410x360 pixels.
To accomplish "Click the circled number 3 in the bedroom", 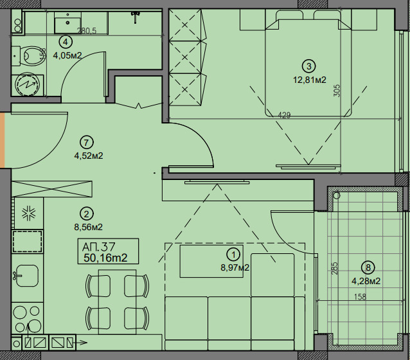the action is click(x=309, y=66).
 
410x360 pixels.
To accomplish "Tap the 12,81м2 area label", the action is click(x=310, y=80).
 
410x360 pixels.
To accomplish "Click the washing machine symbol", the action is click(x=28, y=84).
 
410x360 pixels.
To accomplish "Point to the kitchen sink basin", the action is click(x=27, y=276).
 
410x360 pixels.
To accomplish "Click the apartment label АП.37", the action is click(x=98, y=247).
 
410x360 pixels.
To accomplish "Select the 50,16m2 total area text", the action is click(x=105, y=258).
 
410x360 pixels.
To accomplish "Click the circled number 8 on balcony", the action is click(x=368, y=267).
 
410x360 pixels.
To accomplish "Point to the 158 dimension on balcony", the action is click(x=360, y=297).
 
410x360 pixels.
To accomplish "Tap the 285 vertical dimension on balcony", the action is click(x=335, y=268).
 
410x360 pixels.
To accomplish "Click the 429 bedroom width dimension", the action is click(x=284, y=115).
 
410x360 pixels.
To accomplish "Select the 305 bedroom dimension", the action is click(x=337, y=91).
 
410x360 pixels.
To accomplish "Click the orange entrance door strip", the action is click(x=3, y=140).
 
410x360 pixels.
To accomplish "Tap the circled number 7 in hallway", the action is click(x=87, y=143).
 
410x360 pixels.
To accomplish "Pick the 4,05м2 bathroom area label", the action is click(x=67, y=55).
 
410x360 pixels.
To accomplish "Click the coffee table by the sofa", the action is click(x=211, y=261).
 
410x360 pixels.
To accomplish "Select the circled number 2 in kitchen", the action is click(x=87, y=214).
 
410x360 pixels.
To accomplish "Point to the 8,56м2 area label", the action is click(x=89, y=227).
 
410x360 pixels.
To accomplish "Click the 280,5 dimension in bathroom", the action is click(x=87, y=31).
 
